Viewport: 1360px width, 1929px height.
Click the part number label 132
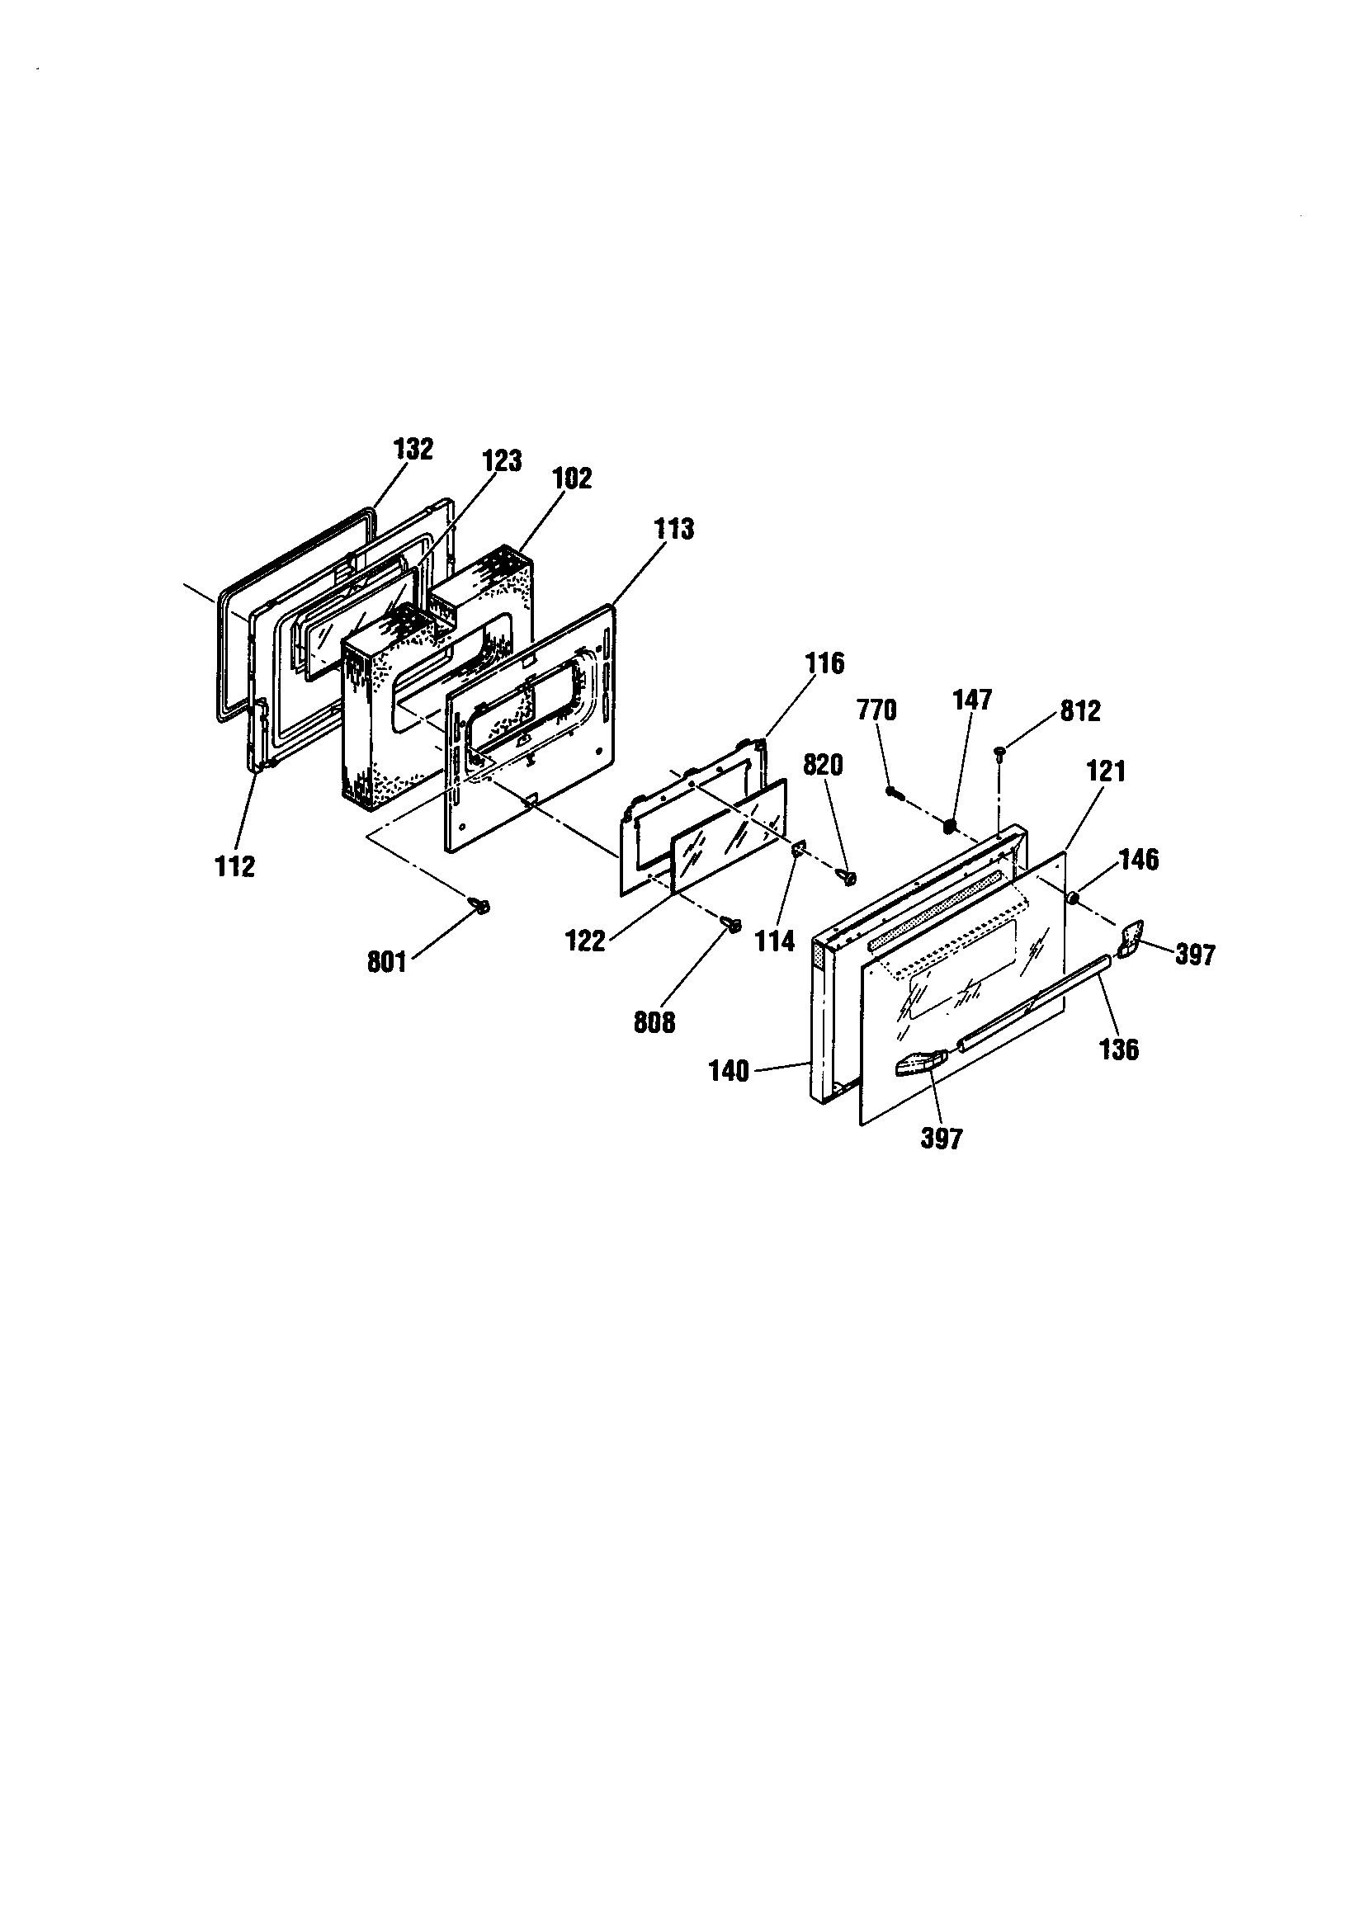click(413, 450)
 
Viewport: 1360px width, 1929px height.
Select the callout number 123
click(502, 460)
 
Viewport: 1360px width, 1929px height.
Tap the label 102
click(572, 478)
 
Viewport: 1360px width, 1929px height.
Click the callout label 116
click(824, 663)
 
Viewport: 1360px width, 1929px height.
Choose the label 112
click(234, 866)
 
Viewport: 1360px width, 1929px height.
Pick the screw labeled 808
click(732, 926)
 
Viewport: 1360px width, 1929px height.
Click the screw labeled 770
click(894, 791)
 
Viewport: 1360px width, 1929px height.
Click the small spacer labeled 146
click(1074, 900)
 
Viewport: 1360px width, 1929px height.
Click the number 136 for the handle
click(1119, 1049)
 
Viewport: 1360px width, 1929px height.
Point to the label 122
click(586, 941)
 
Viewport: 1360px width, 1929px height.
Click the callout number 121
click(1106, 771)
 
